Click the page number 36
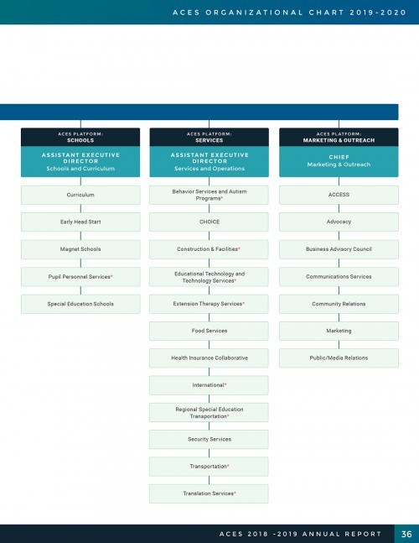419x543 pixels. tap(406, 534)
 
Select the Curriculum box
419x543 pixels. tap(80, 195)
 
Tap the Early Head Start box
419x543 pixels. tap(80, 222)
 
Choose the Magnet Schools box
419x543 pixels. tap(80, 249)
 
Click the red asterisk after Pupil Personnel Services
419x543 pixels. tap(111, 276)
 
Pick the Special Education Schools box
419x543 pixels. tap(80, 304)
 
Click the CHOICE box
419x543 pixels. tap(209, 222)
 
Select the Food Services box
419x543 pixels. tap(209, 331)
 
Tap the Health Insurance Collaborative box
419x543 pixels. tap(209, 358)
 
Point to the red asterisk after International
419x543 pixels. tap(225, 384)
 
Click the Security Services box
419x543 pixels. tap(209, 439)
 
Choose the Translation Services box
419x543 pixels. tap(209, 493)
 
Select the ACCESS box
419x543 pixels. tap(339, 195)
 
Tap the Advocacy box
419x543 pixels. tap(339, 222)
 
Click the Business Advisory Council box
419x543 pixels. tap(339, 249)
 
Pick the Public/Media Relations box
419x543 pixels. tap(339, 358)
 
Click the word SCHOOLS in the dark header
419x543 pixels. tap(80, 140)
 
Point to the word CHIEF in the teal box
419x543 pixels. tap(339, 157)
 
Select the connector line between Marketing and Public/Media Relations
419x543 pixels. tap(339, 345)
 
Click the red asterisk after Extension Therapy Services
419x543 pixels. tap(243, 303)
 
